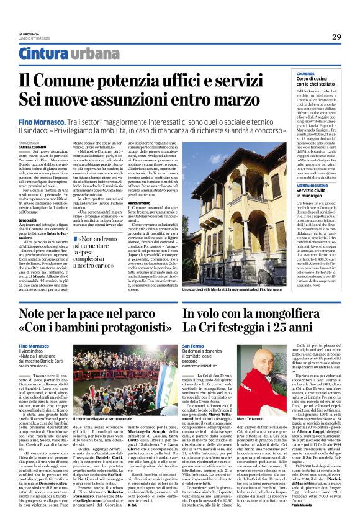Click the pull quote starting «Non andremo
(x=97, y=251)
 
